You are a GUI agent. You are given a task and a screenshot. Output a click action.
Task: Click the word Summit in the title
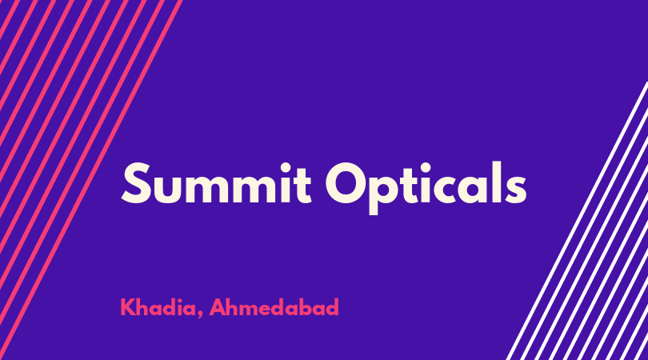(216, 183)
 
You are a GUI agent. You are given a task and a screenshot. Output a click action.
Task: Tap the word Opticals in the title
(426, 188)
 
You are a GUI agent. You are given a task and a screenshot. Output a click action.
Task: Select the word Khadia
(158, 307)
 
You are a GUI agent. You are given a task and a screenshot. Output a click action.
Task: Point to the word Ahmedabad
(274, 307)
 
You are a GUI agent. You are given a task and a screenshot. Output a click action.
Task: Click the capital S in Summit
(136, 183)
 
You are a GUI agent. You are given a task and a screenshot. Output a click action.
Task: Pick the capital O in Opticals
(346, 183)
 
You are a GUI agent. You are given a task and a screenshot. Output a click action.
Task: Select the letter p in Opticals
(387, 194)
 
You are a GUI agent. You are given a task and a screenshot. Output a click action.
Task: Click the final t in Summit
(303, 186)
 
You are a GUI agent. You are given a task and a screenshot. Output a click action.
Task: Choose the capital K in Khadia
(128, 307)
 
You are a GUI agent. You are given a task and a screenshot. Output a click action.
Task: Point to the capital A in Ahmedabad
(218, 307)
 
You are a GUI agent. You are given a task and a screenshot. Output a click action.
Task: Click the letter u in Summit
(168, 190)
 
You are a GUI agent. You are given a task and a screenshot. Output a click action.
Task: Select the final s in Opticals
(515, 189)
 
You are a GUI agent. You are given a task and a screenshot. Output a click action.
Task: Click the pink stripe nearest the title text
(91, 180)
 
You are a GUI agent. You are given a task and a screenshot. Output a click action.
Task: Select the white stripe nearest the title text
(577, 221)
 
